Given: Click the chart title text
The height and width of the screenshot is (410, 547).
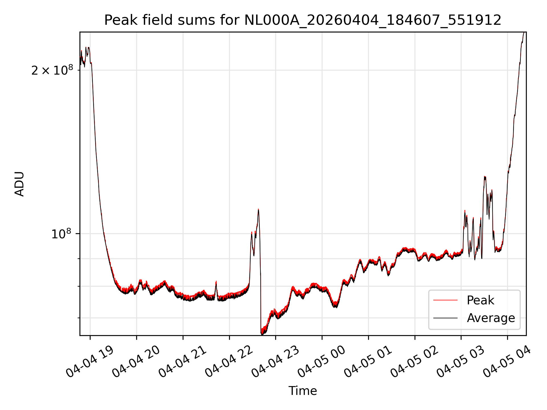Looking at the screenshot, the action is (303, 20).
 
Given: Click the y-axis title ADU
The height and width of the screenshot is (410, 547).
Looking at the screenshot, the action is (19, 184).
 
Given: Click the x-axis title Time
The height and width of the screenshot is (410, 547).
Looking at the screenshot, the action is (303, 391).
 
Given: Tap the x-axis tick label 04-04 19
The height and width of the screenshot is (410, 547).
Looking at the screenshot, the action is (90, 362).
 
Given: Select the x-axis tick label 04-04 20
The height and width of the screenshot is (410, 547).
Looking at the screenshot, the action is (136, 362).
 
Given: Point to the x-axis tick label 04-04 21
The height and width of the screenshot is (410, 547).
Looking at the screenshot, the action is (183, 362).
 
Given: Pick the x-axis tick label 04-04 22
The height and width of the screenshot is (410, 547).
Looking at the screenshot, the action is (229, 362).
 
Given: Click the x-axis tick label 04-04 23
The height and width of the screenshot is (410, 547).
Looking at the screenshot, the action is (276, 362).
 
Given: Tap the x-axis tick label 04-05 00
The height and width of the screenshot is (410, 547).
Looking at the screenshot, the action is (322, 362).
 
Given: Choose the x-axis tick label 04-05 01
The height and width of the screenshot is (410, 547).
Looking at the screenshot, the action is (369, 362).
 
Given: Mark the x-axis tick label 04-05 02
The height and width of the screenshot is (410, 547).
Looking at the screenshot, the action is (415, 362).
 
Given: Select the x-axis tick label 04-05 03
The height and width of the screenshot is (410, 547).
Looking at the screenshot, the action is (461, 362).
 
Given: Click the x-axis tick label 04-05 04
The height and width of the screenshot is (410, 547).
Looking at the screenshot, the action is (508, 362).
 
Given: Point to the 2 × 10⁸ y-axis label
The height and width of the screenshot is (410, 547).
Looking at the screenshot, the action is (52, 70).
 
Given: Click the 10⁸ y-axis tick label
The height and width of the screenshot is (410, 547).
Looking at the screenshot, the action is (61, 234).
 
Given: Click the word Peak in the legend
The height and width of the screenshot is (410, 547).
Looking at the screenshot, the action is (480, 300).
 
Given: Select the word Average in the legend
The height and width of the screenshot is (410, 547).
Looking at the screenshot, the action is (491, 318).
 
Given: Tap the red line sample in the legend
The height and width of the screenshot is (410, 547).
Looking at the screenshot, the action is (445, 300).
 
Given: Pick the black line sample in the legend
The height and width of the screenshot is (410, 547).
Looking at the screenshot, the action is (445, 318).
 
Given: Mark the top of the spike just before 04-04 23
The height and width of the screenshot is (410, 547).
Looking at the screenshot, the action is (258, 209).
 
